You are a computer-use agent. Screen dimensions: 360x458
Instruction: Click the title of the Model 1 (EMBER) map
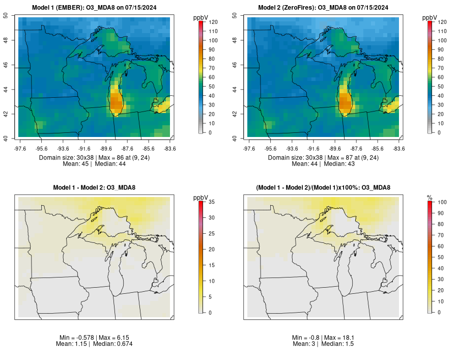(94, 8)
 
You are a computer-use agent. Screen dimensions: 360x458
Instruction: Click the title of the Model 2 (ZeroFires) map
(323, 8)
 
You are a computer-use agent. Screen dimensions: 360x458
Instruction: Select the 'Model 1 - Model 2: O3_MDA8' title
(94, 187)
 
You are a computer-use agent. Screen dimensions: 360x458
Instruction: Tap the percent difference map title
(323, 187)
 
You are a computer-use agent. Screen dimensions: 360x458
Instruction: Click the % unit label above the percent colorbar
(430, 197)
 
